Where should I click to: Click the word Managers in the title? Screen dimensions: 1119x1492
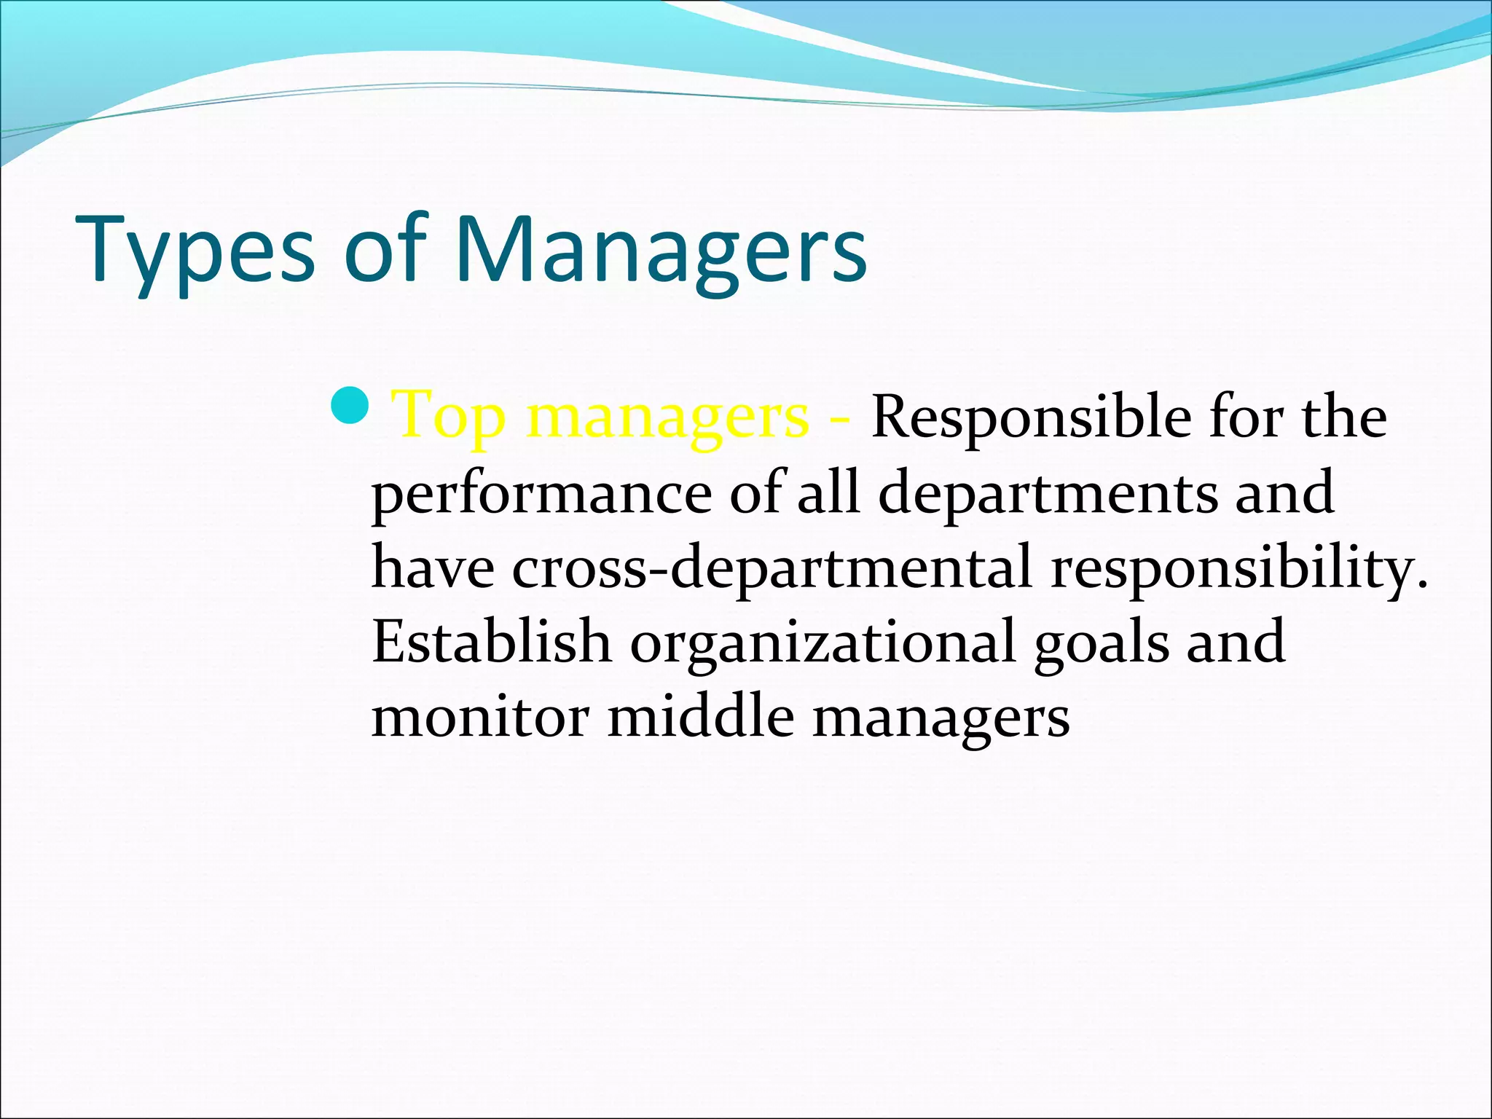click(660, 251)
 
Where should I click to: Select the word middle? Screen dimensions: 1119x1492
click(700, 715)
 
